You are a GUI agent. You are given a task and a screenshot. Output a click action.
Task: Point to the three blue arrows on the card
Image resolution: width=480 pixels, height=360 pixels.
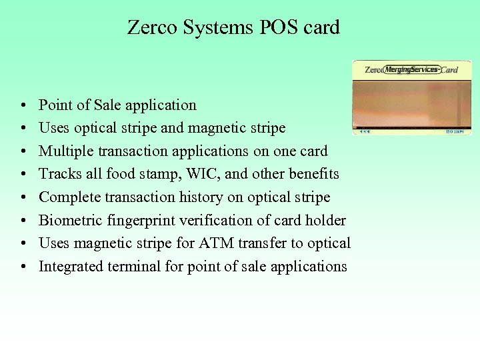(365, 131)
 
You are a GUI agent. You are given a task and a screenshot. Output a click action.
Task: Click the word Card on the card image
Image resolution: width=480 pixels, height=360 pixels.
(449, 70)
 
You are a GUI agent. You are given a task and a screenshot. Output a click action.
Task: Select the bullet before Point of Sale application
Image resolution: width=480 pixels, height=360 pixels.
(23, 106)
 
